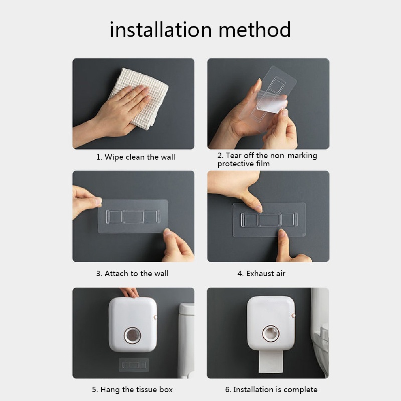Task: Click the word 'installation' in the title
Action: tap(160, 30)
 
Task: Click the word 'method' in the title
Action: tap(255, 30)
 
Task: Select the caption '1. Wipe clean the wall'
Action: tap(135, 157)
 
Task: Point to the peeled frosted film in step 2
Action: tap(271, 102)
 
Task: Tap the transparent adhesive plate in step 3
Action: tap(133, 217)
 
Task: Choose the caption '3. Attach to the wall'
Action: tap(132, 273)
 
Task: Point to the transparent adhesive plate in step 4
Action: tap(269, 220)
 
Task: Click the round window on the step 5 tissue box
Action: tap(132, 335)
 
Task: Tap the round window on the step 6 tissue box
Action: tap(271, 333)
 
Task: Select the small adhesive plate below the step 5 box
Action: tap(134, 365)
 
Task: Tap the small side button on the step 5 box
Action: tap(155, 317)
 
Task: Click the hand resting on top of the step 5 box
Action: tap(129, 293)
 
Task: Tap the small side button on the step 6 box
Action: tap(294, 316)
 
